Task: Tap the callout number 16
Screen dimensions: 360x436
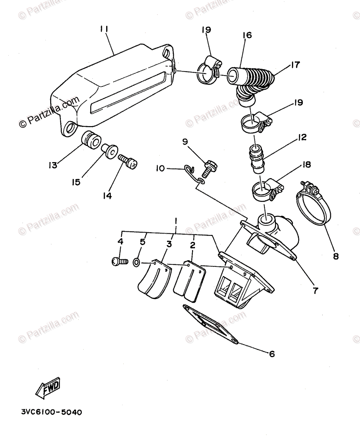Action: [x=247, y=35]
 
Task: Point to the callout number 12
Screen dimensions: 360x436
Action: [x=301, y=138]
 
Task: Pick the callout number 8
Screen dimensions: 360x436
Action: [x=335, y=256]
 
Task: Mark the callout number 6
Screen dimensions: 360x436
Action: [x=272, y=353]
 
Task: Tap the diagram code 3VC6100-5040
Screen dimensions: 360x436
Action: [x=51, y=412]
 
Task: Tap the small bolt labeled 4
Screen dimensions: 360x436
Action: [x=119, y=261]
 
